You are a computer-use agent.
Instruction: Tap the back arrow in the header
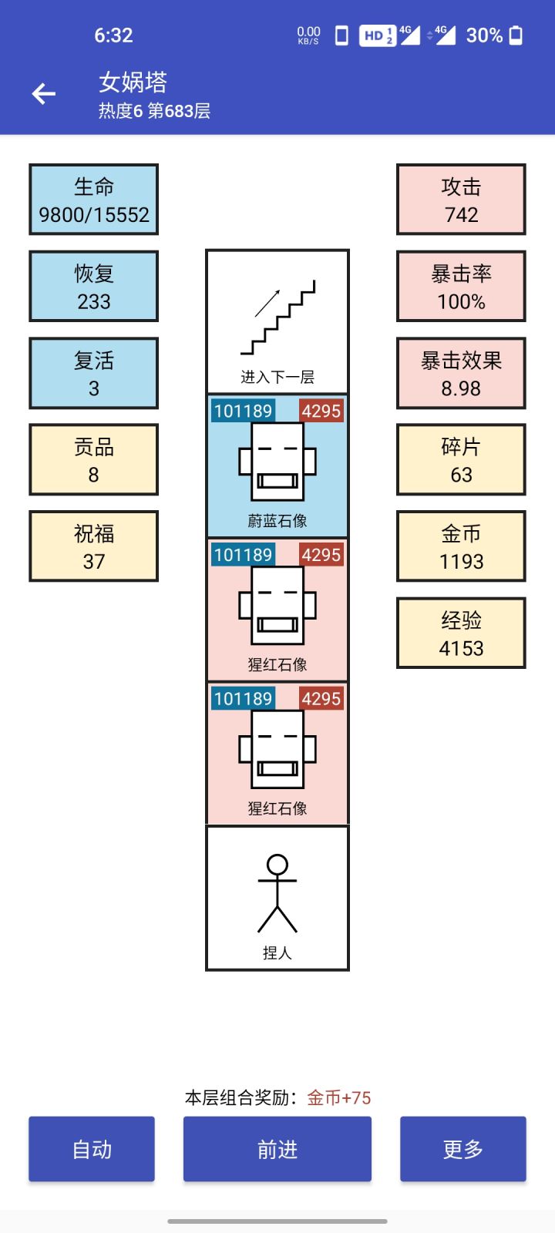(x=44, y=94)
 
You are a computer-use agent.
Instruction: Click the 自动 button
(x=92, y=1149)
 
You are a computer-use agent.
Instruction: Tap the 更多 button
(x=462, y=1149)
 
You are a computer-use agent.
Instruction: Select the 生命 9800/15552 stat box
(x=93, y=200)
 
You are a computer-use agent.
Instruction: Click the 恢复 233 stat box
(x=93, y=287)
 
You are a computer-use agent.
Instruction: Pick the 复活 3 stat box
(x=93, y=373)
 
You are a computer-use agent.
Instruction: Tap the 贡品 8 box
(x=93, y=460)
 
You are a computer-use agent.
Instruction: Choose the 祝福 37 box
(x=93, y=546)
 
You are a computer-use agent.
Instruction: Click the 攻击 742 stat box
(x=461, y=200)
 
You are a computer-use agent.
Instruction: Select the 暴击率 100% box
(x=461, y=287)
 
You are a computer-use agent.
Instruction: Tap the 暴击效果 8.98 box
(x=461, y=373)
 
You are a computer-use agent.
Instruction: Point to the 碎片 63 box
(x=461, y=460)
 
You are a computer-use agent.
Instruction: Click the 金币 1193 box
(x=461, y=546)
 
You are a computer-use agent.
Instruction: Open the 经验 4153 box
(x=461, y=633)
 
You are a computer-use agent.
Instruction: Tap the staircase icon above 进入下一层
(x=278, y=317)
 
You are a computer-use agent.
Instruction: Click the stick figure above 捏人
(x=277, y=894)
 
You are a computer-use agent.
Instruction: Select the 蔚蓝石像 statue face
(x=277, y=462)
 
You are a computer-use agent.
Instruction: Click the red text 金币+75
(x=339, y=1098)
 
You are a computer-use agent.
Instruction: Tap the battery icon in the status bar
(x=516, y=35)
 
